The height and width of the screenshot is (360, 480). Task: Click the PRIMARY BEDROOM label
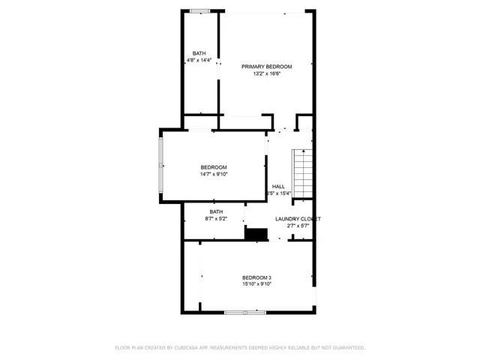tap(266, 67)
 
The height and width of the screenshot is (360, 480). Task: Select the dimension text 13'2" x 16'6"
tap(266, 74)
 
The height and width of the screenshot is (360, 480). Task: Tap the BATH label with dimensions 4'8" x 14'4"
tap(199, 53)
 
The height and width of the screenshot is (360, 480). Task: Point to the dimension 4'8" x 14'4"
tap(199, 61)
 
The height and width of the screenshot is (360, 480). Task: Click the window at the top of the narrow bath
tap(199, 10)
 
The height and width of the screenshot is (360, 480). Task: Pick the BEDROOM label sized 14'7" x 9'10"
tap(213, 167)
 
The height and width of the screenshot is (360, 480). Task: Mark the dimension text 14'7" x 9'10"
tap(213, 175)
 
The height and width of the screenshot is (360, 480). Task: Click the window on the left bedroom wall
tap(160, 166)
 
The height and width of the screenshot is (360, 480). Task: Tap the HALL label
tap(278, 186)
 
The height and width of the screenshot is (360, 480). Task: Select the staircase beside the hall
tap(301, 174)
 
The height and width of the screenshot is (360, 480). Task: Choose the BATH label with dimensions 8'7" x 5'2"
tap(216, 211)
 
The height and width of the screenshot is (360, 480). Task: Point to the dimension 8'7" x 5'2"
tap(216, 219)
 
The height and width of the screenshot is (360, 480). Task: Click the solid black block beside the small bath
tap(256, 234)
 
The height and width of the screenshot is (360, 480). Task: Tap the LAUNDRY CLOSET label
tap(298, 219)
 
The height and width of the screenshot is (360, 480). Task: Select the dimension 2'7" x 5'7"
tap(298, 226)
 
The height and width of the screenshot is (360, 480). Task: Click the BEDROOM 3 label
tap(256, 277)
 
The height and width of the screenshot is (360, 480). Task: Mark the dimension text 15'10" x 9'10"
tap(256, 285)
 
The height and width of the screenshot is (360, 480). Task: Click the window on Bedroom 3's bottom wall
tap(245, 312)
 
